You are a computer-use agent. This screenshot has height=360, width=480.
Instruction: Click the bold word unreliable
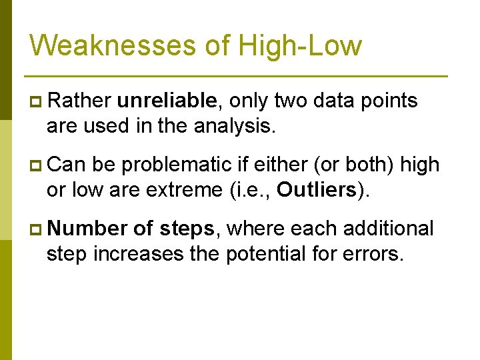pos(167,101)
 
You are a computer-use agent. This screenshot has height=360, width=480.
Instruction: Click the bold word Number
pos(87,229)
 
